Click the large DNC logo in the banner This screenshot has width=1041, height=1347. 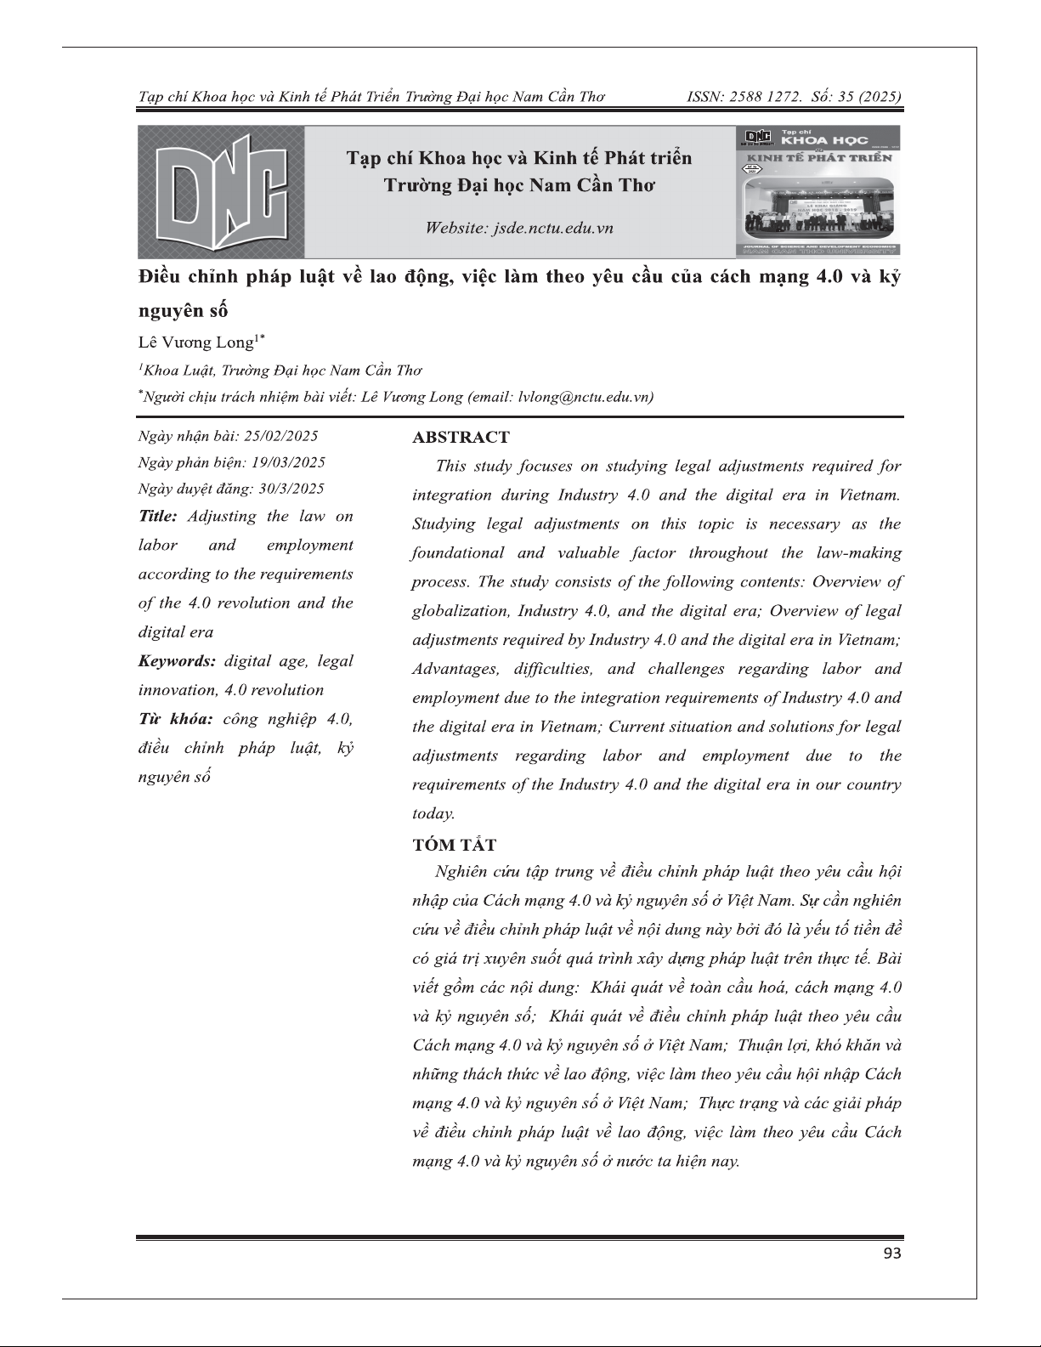pyautogui.click(x=220, y=192)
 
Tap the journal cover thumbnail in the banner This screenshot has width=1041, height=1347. pyautogui.click(x=818, y=192)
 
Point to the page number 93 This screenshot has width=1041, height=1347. pyautogui.click(x=892, y=1254)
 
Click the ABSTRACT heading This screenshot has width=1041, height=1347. pyautogui.click(x=461, y=438)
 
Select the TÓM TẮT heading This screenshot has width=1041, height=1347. pyautogui.click(x=454, y=845)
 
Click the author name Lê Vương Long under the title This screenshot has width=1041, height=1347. pyautogui.click(x=197, y=343)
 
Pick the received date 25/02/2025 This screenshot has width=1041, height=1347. pyautogui.click(x=280, y=436)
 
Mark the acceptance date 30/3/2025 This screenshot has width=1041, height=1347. pyautogui.click(x=291, y=489)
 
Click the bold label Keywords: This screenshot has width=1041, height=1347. pyautogui.click(x=177, y=661)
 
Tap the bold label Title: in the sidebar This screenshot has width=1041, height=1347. pyautogui.click(x=158, y=517)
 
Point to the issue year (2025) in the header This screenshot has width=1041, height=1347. pyautogui.click(x=881, y=97)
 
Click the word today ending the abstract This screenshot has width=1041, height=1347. pyautogui.click(x=432, y=813)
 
